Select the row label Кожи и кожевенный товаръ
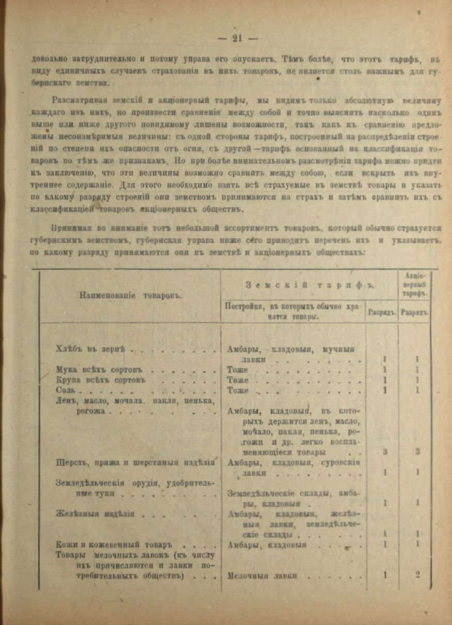tap(113, 545)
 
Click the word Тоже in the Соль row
tap(238, 390)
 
